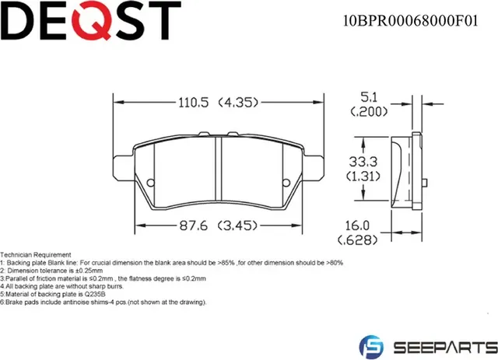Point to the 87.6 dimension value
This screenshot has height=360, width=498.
coord(194,226)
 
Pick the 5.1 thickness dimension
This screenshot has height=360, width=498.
coord(370,97)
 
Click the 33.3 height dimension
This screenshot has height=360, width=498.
coord(363,162)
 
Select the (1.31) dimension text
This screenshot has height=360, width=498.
coord(363,177)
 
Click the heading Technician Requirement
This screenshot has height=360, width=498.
coord(36,255)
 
